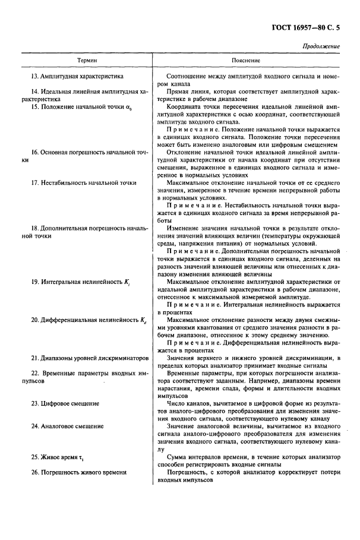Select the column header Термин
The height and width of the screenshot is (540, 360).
86,61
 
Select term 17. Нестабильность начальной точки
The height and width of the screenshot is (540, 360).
82,182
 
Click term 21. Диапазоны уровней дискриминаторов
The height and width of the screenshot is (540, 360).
89,358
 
